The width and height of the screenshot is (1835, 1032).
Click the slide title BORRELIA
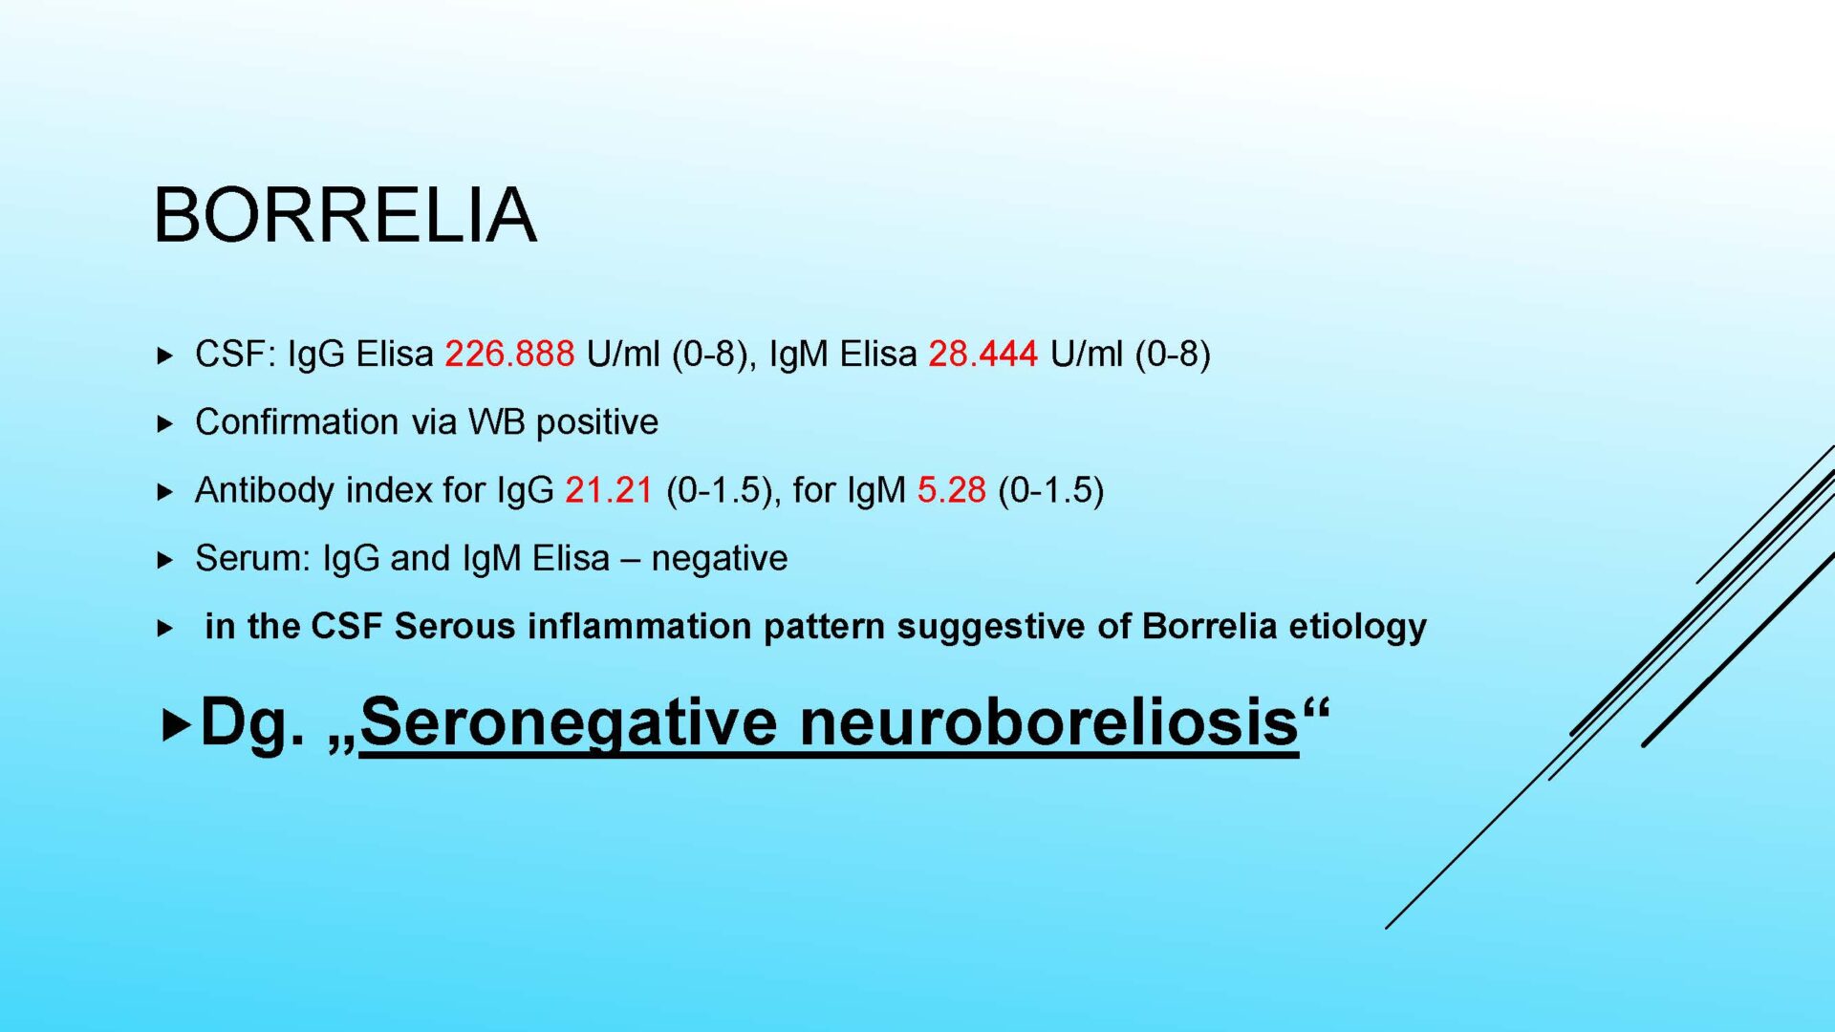pyautogui.click(x=345, y=215)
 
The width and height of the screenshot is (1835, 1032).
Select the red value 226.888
pyautogui.click(x=509, y=355)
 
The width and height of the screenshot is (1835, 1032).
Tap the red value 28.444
pyautogui.click(x=982, y=355)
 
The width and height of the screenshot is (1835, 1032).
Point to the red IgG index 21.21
pyautogui.click(x=609, y=490)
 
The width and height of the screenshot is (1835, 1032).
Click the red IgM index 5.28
pyautogui.click(x=951, y=490)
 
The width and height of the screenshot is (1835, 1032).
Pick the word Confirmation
pyautogui.click(x=296, y=422)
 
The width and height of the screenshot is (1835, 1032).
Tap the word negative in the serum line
pyautogui.click(x=720, y=559)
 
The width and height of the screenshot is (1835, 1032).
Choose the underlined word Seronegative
pyautogui.click(x=569, y=722)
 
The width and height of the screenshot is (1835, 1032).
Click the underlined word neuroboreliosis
pyautogui.click(x=1049, y=721)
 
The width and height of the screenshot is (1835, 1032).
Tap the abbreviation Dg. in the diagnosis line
pyautogui.click(x=252, y=723)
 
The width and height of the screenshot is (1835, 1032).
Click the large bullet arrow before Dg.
pyautogui.click(x=177, y=725)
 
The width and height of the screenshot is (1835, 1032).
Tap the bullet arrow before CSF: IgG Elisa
pyautogui.click(x=165, y=356)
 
